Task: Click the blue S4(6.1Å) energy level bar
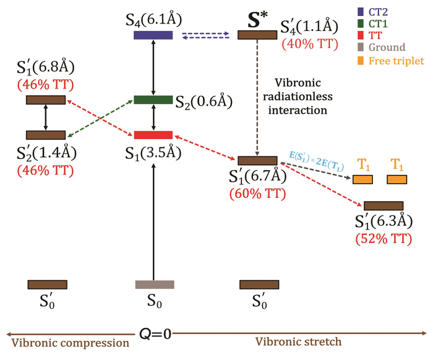153,35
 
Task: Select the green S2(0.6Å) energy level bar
153,100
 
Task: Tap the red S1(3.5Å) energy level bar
153,135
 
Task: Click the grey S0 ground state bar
155,285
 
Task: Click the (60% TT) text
257,194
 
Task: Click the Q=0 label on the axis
155,335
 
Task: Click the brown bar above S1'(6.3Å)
384,205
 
